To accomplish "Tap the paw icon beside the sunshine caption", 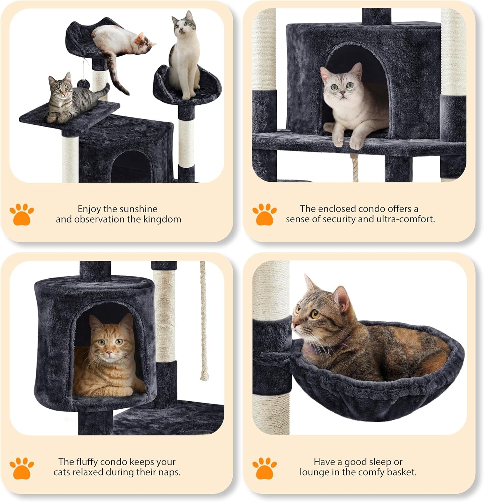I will pyautogui.click(x=22, y=214).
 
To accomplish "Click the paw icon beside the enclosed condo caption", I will pyautogui.click(x=264, y=214).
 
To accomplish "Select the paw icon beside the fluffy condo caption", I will pyautogui.click(x=22, y=468).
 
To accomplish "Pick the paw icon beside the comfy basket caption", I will pyautogui.click(x=264, y=468).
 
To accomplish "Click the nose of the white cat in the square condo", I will pyautogui.click(x=341, y=92).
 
